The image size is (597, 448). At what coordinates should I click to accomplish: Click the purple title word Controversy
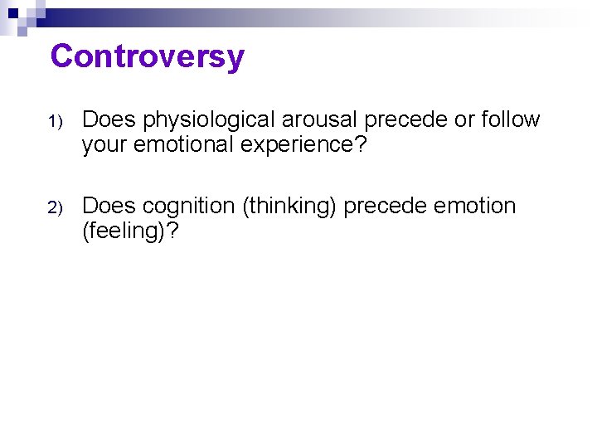(x=147, y=56)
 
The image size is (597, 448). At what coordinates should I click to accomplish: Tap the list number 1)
(x=55, y=122)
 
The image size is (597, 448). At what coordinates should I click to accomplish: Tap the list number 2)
(x=55, y=207)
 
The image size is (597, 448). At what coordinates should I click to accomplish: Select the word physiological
(x=210, y=120)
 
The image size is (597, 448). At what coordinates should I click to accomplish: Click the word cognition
(x=190, y=206)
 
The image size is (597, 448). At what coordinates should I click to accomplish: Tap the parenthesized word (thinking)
(x=289, y=206)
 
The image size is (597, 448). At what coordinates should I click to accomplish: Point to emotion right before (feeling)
(x=476, y=206)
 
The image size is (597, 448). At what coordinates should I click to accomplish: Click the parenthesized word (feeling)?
(x=129, y=230)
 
